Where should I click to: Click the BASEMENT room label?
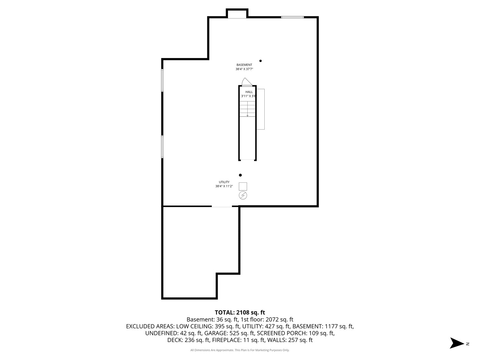244,65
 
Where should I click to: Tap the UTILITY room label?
224,182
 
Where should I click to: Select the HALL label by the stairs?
249,92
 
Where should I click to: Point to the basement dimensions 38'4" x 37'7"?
244,69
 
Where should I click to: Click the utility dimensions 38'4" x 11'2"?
224,186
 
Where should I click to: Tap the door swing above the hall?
246,82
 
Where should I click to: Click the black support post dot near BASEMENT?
261,61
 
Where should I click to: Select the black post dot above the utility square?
240,175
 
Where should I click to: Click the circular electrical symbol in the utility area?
243,195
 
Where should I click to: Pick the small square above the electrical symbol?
243,186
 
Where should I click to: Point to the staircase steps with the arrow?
247,109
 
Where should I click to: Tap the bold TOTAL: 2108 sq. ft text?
240,313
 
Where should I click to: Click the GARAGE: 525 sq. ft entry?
230,333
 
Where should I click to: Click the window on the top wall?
292,17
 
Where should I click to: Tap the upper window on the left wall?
162,80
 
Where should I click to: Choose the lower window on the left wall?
162,146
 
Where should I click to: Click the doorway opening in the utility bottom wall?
222,207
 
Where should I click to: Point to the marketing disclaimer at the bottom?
240,350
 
